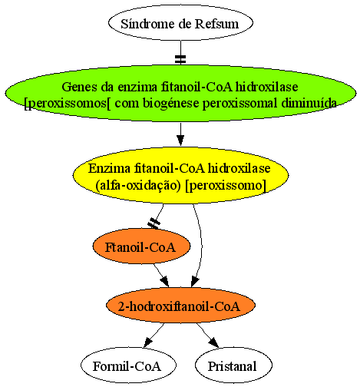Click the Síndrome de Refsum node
pyautogui.click(x=180, y=23)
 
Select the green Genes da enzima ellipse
pyautogui.click(x=180, y=94)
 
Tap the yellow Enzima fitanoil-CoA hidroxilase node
pyautogui.click(x=180, y=175)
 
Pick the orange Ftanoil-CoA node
pyautogui.click(x=141, y=246)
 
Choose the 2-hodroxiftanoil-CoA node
pyautogui.click(x=180, y=306)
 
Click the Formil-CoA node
pyautogui.click(x=128, y=365)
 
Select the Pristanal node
pyautogui.click(x=233, y=365)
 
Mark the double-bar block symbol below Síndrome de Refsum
pyautogui.click(x=180, y=59)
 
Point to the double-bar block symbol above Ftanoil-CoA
pyautogui.click(x=154, y=223)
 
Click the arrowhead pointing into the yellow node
pyautogui.click(x=180, y=141)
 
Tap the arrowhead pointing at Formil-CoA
pyautogui.click(x=148, y=342)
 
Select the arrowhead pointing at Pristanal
pyautogui.click(x=214, y=342)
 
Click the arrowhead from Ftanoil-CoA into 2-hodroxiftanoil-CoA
pyautogui.click(x=164, y=281)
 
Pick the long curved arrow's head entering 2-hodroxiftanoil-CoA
pyautogui.click(x=195, y=282)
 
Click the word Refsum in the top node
pyautogui.click(x=216, y=24)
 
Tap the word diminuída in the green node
pyautogui.click(x=309, y=103)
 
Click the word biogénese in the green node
pyautogui.click(x=171, y=104)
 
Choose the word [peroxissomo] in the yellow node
pyautogui.click(x=226, y=185)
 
